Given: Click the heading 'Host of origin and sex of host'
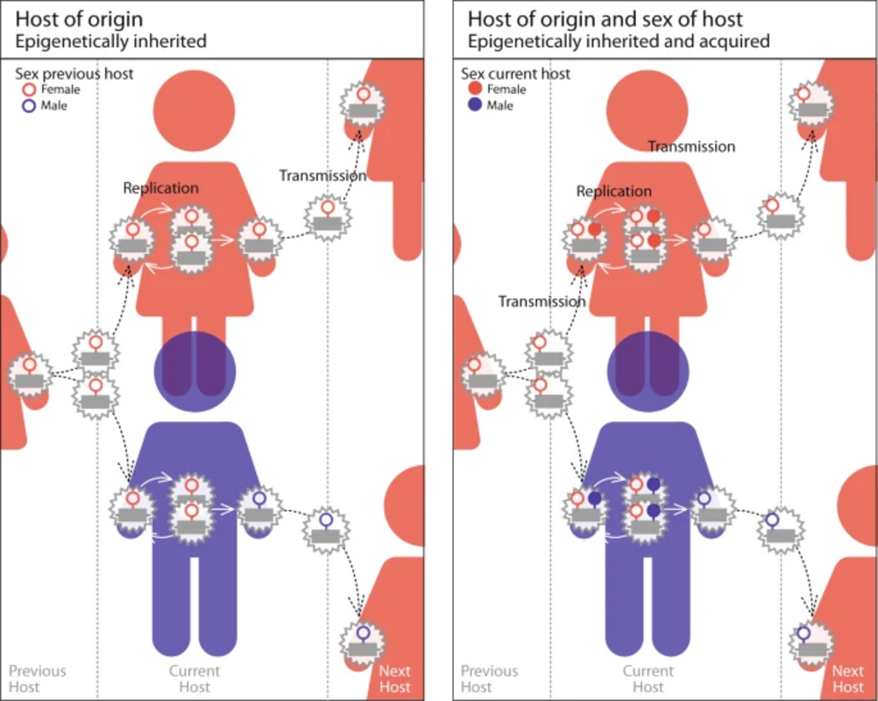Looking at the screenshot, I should pyautogui.click(x=605, y=18).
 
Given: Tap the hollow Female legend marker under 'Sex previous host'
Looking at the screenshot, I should pyautogui.click(x=29, y=89).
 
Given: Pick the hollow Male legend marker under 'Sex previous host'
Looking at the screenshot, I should pyautogui.click(x=29, y=105).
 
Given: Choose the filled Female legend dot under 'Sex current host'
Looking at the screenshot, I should pyautogui.click(x=475, y=89).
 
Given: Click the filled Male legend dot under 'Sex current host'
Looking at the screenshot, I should pyautogui.click(x=475, y=105).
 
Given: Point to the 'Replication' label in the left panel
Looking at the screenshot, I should pyautogui.click(x=160, y=188).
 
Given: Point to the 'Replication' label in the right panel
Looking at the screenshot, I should pyautogui.click(x=613, y=191).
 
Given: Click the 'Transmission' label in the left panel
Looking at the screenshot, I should pyautogui.click(x=322, y=175).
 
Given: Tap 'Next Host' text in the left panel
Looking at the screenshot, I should pyautogui.click(x=395, y=679).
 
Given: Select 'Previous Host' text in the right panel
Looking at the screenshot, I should pyautogui.click(x=490, y=679).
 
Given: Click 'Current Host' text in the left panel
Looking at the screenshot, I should pyautogui.click(x=195, y=679).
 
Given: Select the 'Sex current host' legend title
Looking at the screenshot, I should pyautogui.click(x=515, y=74).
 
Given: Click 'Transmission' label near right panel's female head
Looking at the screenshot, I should pyautogui.click(x=691, y=146).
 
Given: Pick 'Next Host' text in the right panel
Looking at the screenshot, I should pyautogui.click(x=847, y=679).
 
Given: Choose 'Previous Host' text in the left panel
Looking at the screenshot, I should pyautogui.click(x=37, y=679).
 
